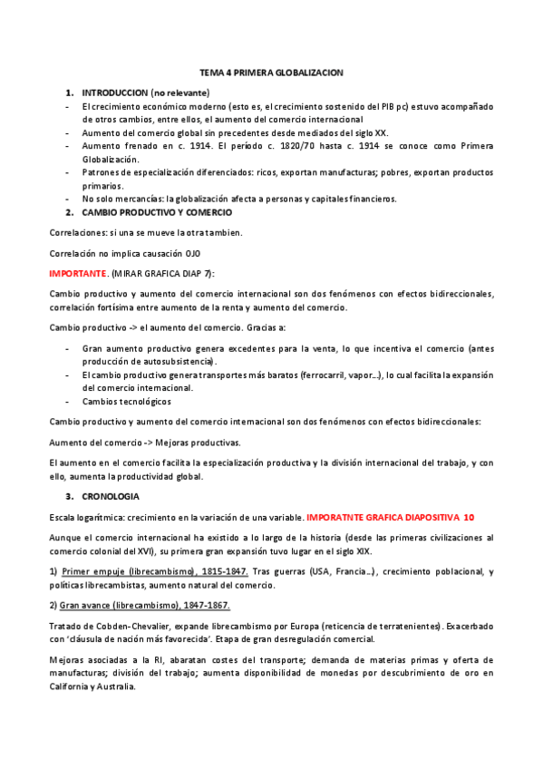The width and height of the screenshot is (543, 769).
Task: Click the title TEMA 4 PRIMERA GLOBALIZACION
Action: (271, 72)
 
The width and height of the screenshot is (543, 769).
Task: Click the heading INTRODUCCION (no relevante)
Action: (145, 92)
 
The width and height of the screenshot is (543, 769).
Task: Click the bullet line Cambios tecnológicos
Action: (125, 401)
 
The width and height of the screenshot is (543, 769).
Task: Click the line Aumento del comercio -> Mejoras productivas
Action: (145, 443)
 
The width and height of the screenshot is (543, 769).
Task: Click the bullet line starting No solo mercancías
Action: (238, 199)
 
